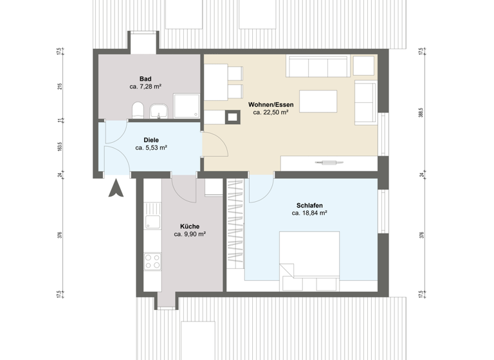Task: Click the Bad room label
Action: [145, 78]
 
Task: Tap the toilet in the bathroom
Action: [136, 110]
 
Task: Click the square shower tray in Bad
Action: [186, 107]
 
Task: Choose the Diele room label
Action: [151, 139]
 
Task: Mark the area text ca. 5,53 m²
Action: [151, 148]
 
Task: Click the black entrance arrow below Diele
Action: [116, 189]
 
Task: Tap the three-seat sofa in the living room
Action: [318, 67]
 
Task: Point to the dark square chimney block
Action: [232, 116]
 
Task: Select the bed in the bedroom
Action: [309, 256]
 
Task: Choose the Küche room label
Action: [190, 226]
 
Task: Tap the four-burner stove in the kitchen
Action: [152, 260]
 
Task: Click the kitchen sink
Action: [152, 222]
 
